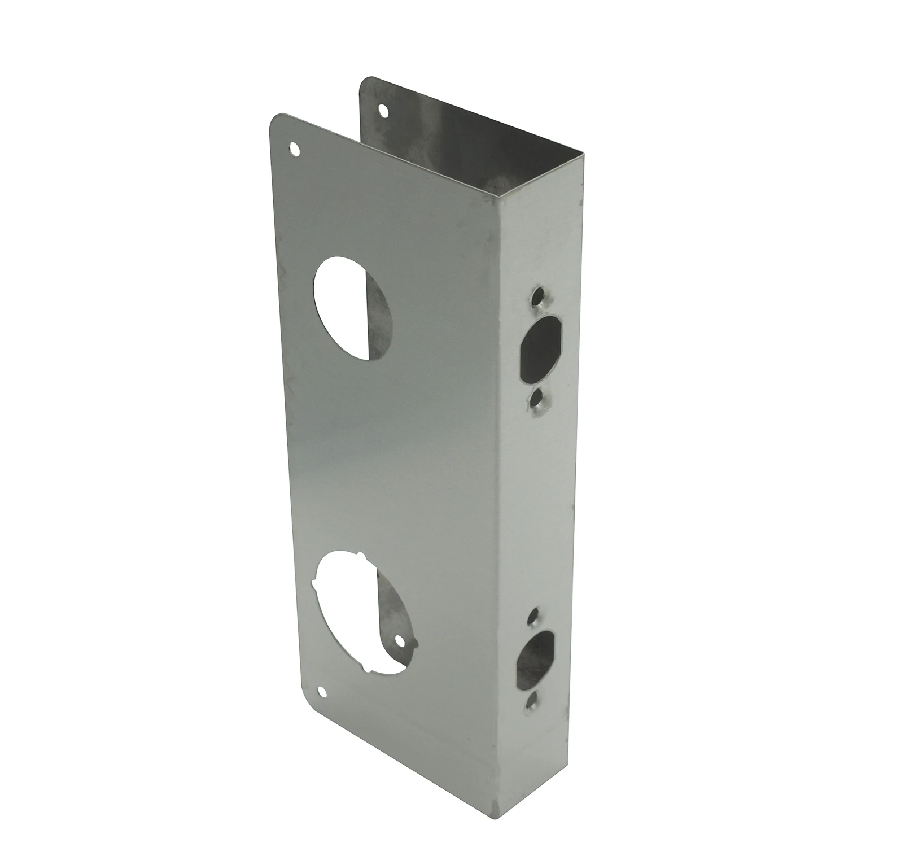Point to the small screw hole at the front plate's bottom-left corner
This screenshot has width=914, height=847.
coord(322,691)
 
